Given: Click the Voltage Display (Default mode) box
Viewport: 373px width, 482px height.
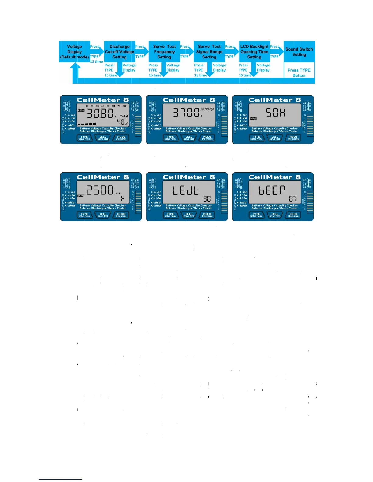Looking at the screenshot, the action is click(x=74, y=52).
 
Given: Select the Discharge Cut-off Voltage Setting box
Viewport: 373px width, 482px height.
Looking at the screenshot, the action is click(x=119, y=52).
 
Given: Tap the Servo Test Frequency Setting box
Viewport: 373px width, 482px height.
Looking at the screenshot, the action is click(x=164, y=52).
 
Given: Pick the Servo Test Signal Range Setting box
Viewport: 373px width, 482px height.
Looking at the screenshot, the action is click(x=209, y=52).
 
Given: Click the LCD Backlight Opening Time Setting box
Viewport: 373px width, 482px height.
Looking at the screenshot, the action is click(x=254, y=52).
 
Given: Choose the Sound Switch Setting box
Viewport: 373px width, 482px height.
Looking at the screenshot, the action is click(x=299, y=52).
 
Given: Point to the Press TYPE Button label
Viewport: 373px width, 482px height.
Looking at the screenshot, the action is click(x=299, y=73).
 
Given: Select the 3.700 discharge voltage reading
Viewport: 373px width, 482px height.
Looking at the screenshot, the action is click(x=186, y=113).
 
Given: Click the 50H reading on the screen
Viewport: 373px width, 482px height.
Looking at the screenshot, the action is click(x=275, y=113).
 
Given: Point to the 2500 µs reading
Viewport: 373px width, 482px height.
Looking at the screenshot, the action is click(x=100, y=190).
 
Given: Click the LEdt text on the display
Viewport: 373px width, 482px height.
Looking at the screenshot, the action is click(x=185, y=190).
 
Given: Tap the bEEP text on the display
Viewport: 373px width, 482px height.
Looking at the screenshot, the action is click(x=272, y=190).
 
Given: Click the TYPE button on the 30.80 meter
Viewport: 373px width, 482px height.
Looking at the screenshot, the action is click(x=84, y=138).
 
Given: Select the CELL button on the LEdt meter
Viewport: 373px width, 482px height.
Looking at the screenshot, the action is click(x=189, y=215).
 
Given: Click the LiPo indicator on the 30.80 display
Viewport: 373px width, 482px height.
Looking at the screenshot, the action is click(x=81, y=110).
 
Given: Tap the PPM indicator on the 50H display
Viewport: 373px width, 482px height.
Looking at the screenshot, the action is click(x=253, y=118).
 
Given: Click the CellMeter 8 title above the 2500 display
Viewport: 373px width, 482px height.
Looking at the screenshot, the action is click(x=102, y=177).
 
